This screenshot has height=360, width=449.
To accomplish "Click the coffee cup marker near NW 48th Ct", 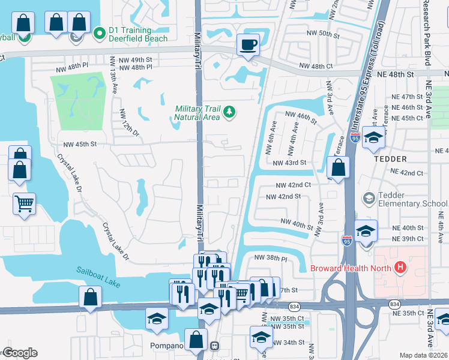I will pos(248,44).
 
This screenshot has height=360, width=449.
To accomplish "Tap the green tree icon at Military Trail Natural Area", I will pos(229,112).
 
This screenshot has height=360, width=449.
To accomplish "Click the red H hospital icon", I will pos(399,268).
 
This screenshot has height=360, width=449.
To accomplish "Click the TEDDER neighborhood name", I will pos(390,159).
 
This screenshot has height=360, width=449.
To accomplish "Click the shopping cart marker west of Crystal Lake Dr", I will pos(24,204).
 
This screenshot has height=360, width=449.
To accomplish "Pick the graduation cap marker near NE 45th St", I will pos(373,137).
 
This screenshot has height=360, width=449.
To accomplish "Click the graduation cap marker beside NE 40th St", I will pos(366,230).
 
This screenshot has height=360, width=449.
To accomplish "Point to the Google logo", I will pos(19,353).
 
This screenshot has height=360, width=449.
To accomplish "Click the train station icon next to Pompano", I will pos(214,346).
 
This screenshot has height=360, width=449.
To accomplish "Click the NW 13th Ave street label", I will pos(112,77).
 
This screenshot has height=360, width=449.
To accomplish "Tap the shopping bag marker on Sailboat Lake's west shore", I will pos(89,296).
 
